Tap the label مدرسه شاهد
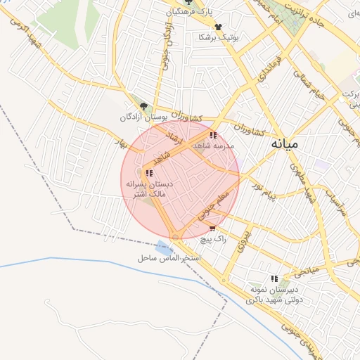coord(226,146)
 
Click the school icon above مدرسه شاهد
coord(212,135)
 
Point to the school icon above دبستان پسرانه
coord(148,173)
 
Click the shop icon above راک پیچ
coord(212,229)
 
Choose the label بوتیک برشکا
coord(219,37)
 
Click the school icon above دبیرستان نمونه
coord(274,278)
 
